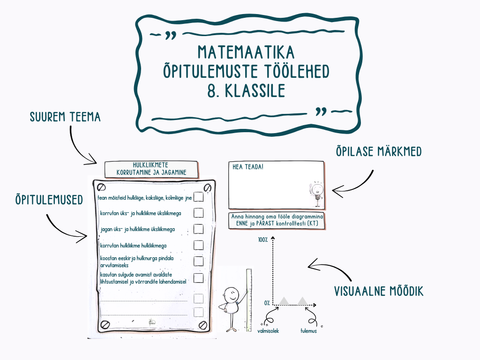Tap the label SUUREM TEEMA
(x=65, y=117)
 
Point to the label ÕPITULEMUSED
(x=49, y=200)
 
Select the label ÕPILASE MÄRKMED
(x=378, y=152)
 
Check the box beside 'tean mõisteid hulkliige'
(x=199, y=197)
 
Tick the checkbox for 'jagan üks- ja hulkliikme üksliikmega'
(x=199, y=229)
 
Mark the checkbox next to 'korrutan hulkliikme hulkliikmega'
(x=199, y=245)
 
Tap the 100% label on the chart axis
(x=262, y=240)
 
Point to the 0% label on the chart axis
(x=266, y=303)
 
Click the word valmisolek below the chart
(x=268, y=331)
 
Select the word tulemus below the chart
(x=308, y=331)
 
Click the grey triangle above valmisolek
(x=284, y=300)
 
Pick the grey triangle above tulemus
(x=302, y=300)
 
